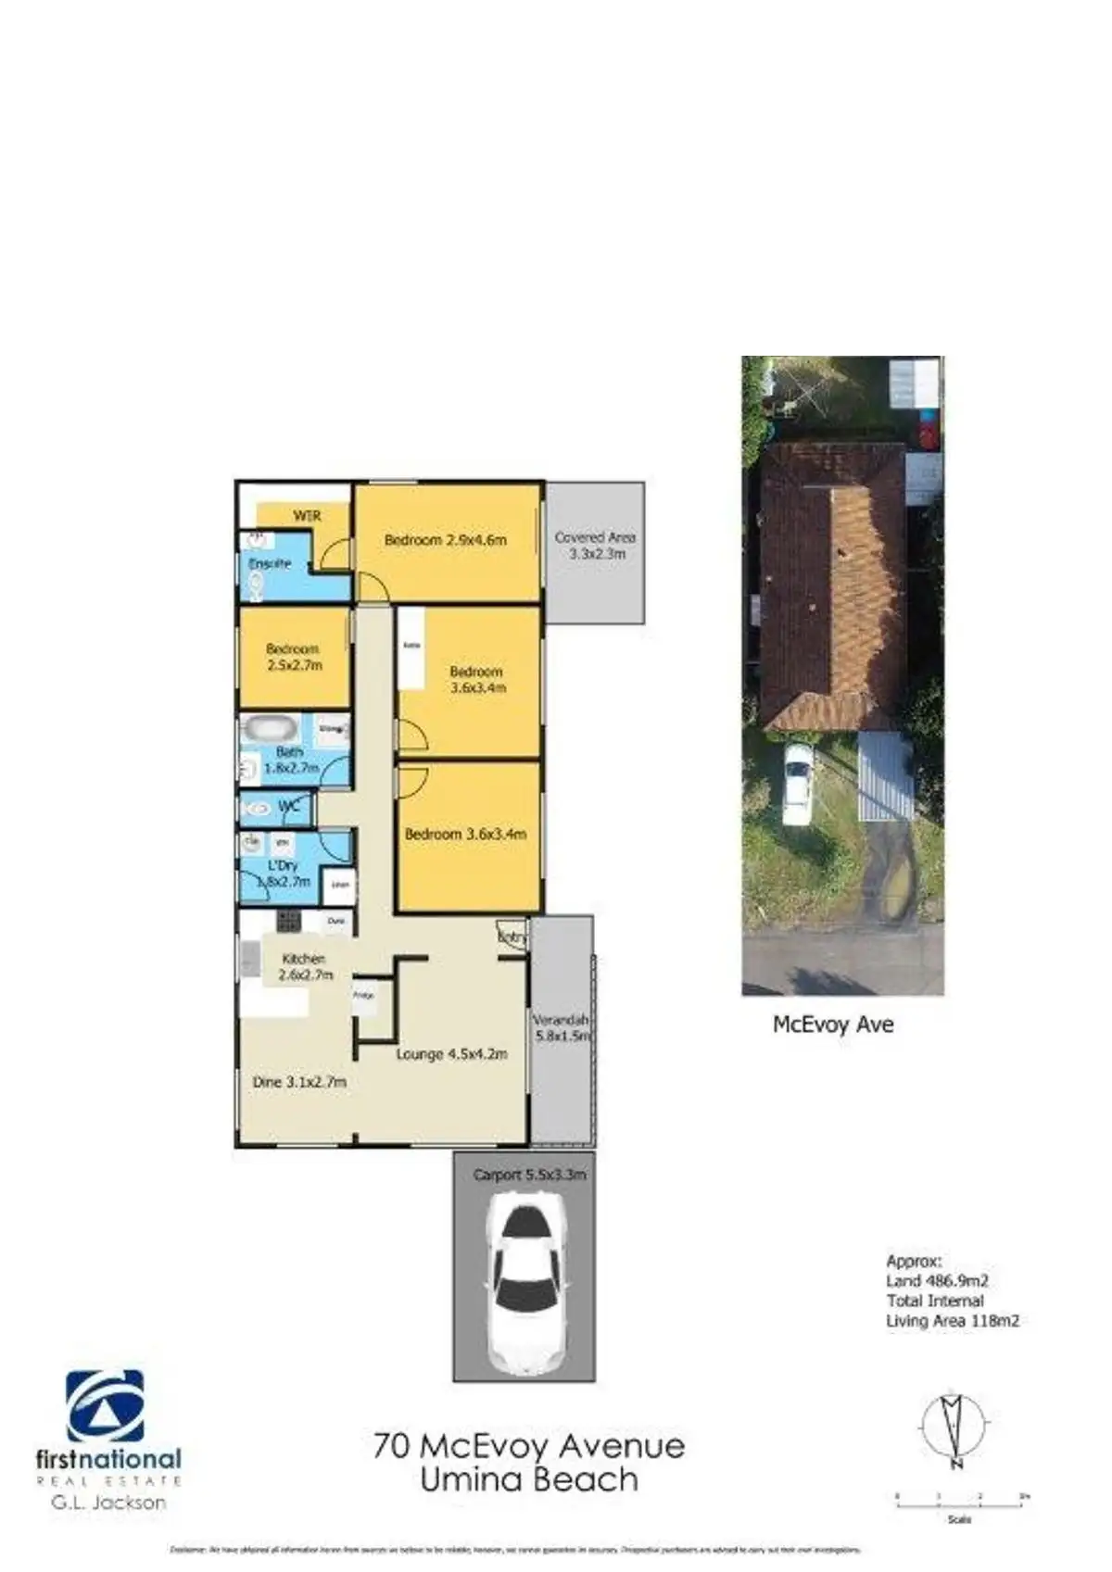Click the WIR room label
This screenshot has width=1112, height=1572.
[x=307, y=516]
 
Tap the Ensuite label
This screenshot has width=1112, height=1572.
[x=270, y=563]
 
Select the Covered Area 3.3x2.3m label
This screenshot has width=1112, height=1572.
[x=595, y=545]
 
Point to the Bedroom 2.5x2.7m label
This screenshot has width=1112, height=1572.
[x=294, y=657]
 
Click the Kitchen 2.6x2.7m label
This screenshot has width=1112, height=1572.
[x=305, y=967]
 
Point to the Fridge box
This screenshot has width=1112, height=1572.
[x=364, y=996]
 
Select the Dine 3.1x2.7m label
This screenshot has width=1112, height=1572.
[x=299, y=1081]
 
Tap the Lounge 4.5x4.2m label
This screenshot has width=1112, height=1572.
[x=451, y=1054]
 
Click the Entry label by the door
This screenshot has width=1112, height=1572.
[x=512, y=937]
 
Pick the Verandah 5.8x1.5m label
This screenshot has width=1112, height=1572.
[x=562, y=1028]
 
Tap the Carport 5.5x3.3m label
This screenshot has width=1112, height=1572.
[x=529, y=1175]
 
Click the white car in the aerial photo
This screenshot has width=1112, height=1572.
[x=797, y=783]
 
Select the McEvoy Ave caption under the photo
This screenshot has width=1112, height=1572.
[x=833, y=1025]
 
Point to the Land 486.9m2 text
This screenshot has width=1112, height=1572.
[x=937, y=1281]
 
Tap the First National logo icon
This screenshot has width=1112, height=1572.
[x=105, y=1406]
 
